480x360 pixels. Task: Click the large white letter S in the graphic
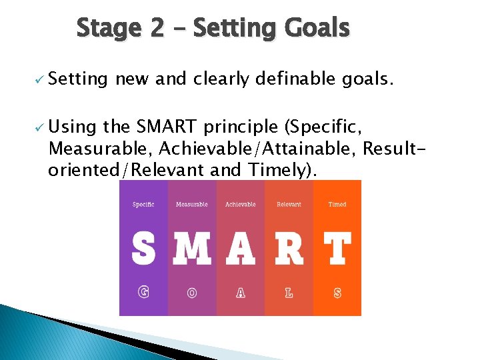143,249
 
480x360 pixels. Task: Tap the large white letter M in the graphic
192,249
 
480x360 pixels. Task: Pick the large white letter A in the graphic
241,249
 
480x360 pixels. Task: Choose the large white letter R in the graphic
289,249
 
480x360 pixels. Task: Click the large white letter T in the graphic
337,249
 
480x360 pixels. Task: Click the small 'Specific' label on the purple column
143,205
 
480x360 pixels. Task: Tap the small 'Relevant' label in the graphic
289,205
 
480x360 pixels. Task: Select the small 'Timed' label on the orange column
337,205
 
